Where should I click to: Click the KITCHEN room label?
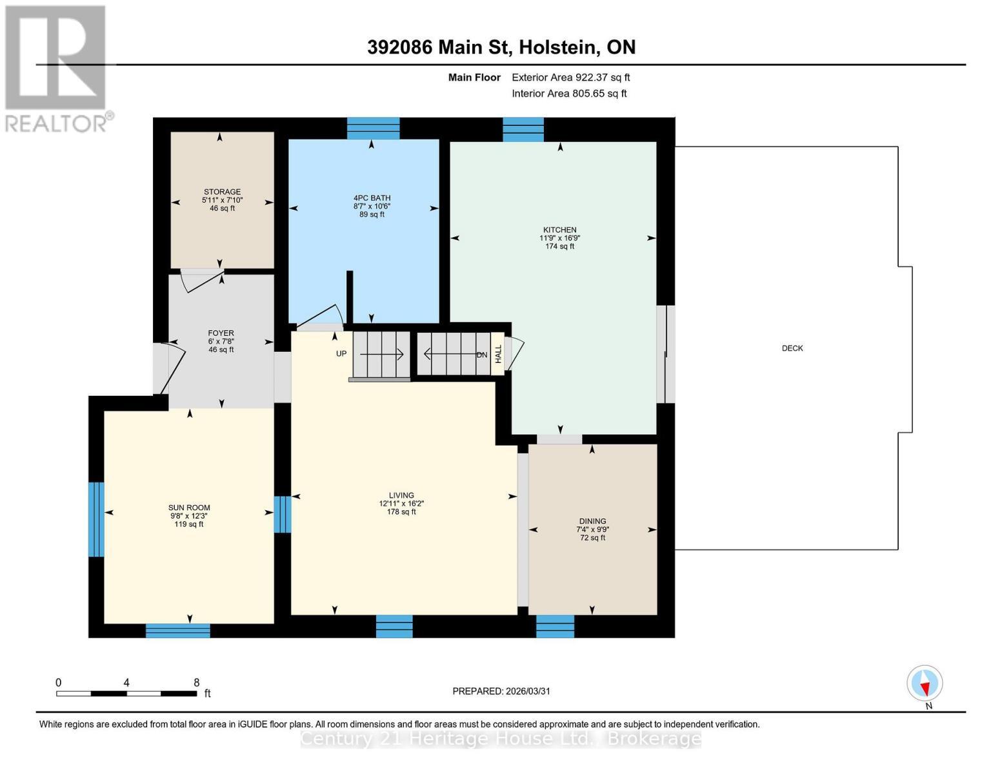pos(559,230)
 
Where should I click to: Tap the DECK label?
pos(792,348)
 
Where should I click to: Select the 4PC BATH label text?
pos(372,198)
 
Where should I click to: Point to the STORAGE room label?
pos(222,192)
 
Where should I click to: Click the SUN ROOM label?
pos(189,508)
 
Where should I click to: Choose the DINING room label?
pos(592,521)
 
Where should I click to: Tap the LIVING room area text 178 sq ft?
pos(401,512)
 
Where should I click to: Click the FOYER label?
pos(221,333)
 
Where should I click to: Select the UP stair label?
pos(341,354)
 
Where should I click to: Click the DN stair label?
pos(482,355)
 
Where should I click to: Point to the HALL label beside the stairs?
pos(498,353)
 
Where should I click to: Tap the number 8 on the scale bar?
pos(196,683)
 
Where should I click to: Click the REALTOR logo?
pos(57,68)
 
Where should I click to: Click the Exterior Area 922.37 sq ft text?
pos(570,77)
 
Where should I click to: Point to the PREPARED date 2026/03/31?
pos(501,691)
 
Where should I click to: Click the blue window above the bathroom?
pos(373,128)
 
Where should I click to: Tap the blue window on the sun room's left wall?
pos(95,519)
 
